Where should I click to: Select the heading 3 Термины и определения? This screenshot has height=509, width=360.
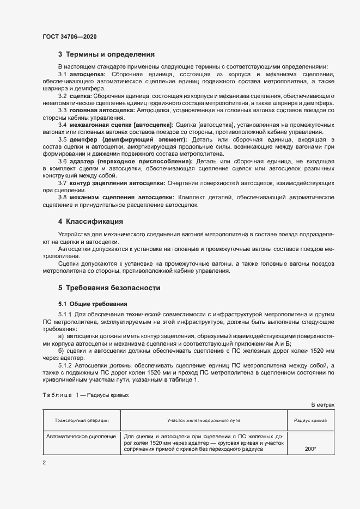(106, 54)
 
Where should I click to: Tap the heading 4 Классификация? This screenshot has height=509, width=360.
(91, 222)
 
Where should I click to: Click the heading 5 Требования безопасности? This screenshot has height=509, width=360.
(109, 287)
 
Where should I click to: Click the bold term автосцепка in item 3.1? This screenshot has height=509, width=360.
(88, 73)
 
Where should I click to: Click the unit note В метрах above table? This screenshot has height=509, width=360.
(322, 406)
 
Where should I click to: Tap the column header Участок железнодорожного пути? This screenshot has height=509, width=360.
(203, 420)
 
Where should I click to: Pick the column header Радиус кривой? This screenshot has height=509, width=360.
(310, 420)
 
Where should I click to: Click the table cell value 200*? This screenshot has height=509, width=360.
(310, 449)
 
